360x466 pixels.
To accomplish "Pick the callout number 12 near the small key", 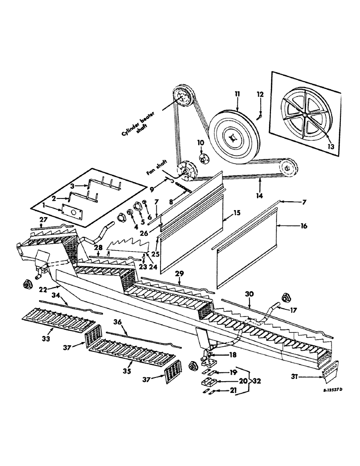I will tap(260, 94).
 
